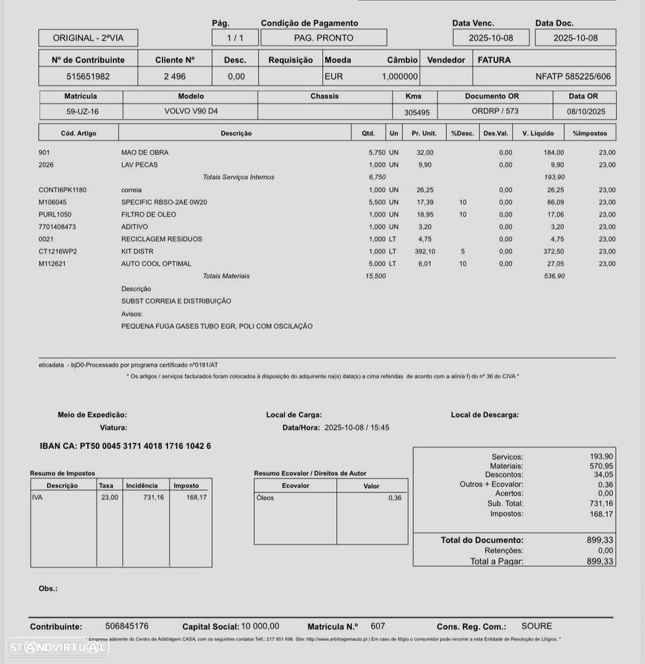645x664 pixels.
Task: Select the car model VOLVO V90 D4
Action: point(191,112)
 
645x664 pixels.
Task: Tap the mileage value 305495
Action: point(416,112)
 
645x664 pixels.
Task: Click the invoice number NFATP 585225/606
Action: point(573,76)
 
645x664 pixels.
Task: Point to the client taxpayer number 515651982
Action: point(88,76)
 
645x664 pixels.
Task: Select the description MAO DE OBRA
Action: point(145,153)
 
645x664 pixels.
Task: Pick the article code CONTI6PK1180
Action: point(62,190)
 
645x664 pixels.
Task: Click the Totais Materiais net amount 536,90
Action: point(553,276)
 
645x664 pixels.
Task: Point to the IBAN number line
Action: point(126,446)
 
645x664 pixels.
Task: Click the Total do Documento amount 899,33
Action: point(600,540)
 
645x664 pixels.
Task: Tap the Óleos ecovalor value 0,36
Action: point(395,498)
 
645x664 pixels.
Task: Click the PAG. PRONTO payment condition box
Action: point(323,38)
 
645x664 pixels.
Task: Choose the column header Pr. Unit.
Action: point(424,133)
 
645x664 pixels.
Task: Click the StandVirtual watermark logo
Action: point(57,646)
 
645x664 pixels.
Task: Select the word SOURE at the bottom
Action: point(536,626)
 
